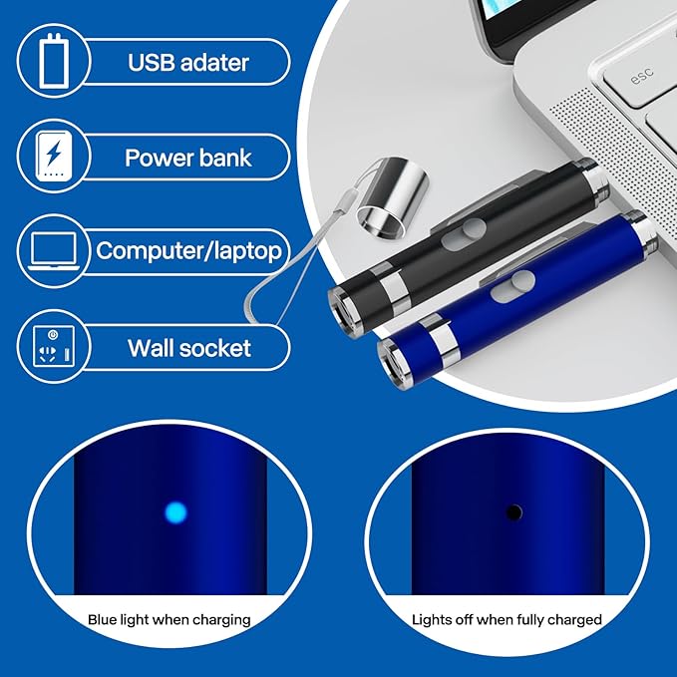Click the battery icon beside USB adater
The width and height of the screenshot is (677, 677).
pyautogui.click(x=54, y=61)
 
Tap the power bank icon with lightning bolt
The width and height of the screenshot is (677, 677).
pyautogui.click(x=54, y=157)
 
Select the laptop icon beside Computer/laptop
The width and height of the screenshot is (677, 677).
pyautogui.click(x=54, y=251)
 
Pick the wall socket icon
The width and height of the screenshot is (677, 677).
pyautogui.click(x=54, y=347)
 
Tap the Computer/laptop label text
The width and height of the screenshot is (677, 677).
pyautogui.click(x=188, y=251)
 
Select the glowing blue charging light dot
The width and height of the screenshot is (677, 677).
pyautogui.click(x=176, y=512)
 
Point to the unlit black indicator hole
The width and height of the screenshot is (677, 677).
pyautogui.click(x=513, y=512)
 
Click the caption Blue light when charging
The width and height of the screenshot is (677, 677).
pyautogui.click(x=169, y=620)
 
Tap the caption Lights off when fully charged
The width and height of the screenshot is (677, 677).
pyautogui.click(x=507, y=620)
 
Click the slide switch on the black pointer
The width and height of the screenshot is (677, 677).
pyautogui.click(x=464, y=233)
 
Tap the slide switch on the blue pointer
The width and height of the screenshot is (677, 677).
pyautogui.click(x=512, y=286)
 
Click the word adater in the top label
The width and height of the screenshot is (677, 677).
pyautogui.click(x=214, y=63)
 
